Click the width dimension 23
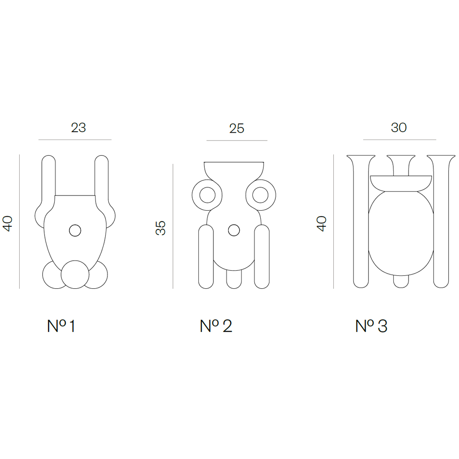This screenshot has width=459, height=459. pos(78,128)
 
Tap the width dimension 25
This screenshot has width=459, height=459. pos(236,129)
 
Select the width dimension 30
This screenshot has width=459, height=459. pos(399,128)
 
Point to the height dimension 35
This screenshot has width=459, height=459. pos(160,228)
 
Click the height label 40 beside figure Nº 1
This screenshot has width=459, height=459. pos(7,224)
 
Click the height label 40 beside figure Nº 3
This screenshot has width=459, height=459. pos(321,224)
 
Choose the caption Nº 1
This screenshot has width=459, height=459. pos(61,326)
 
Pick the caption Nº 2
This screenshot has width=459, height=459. pos(216,326)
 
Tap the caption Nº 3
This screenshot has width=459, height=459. pos(371,326)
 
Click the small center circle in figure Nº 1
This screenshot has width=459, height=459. pos(75,231)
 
